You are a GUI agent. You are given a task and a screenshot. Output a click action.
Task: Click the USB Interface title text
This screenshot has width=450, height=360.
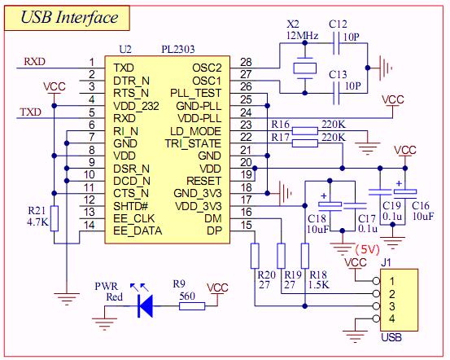coord(69,17)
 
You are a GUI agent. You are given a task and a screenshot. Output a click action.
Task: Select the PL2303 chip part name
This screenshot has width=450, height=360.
coord(178,49)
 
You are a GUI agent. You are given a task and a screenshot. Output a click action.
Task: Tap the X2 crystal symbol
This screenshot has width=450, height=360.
coord(305,68)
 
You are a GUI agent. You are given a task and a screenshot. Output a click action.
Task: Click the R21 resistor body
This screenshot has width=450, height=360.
coord(55,218)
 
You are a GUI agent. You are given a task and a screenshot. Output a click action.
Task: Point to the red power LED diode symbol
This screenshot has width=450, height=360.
coord(145,305)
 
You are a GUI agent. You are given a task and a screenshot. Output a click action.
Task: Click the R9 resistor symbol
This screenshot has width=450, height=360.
coord(192,306)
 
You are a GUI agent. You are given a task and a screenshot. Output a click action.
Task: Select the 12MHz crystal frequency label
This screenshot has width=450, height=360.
coord(303,36)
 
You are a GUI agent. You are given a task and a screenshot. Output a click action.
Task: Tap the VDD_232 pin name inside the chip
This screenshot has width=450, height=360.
coord(136,106)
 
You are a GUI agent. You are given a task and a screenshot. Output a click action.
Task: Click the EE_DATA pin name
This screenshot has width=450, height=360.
coord(138,230)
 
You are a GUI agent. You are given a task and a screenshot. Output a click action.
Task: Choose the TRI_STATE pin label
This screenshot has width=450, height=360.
coord(193,143)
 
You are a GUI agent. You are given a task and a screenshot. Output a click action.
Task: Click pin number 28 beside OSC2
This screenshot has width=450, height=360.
coord(246,62)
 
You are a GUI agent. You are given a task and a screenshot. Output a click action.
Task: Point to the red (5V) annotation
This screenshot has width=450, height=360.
coord(368,249)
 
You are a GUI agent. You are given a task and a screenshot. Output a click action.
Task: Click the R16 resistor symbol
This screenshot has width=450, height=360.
coord(305,131)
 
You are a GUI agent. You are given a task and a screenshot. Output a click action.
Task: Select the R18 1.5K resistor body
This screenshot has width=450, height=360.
coord(305,256)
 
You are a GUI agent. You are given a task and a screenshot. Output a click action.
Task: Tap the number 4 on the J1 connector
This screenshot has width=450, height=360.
coord(391,318)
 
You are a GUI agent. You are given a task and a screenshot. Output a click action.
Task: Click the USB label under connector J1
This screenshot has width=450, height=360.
coord(391,337)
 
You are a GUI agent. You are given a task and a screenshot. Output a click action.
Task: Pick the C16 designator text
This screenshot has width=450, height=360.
coord(421,205)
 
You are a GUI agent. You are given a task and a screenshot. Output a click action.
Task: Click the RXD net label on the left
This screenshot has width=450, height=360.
coord(34,61)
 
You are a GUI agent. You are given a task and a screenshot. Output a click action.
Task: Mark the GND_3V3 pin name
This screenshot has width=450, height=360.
coord(198,193)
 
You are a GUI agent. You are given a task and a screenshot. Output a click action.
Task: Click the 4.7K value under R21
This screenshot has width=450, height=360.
coord(37,222)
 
